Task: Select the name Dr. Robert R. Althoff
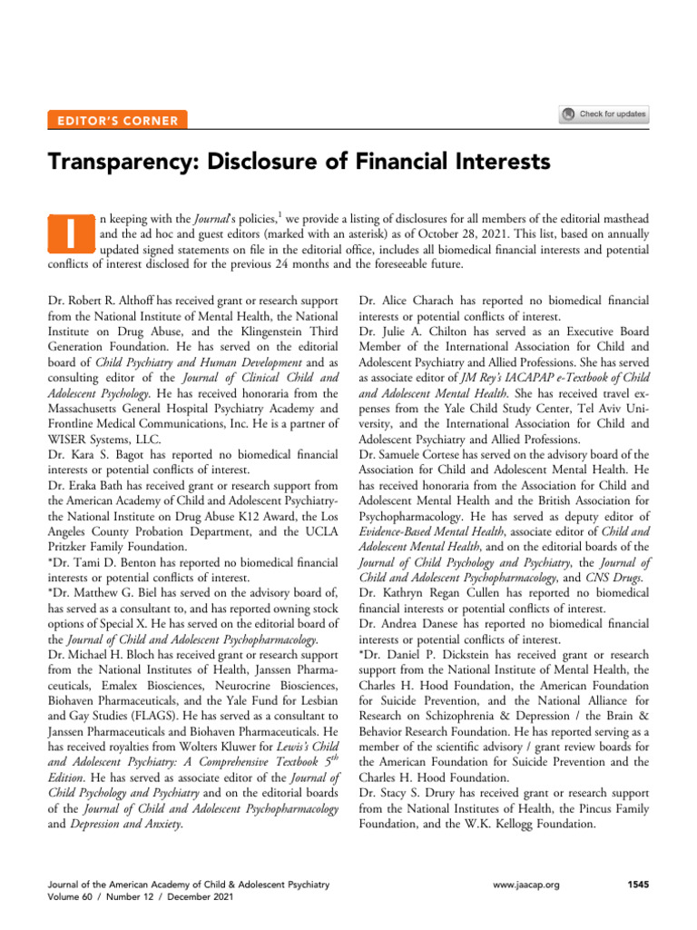coord(104,298)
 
